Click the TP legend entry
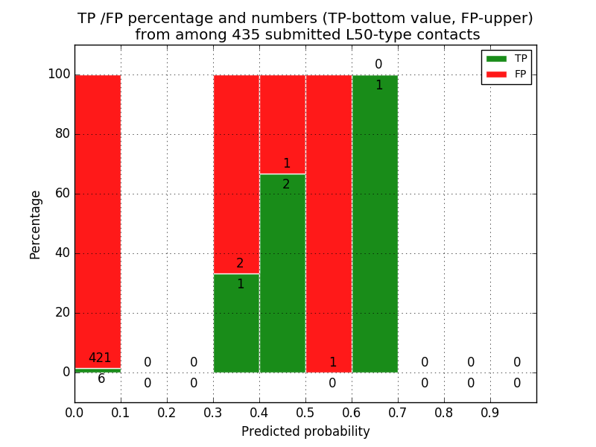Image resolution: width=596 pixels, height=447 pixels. tap(507, 59)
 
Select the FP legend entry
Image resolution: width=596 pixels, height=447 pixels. tap(507, 74)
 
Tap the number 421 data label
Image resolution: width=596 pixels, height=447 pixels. tap(100, 358)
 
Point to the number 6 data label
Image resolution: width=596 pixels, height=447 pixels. tap(101, 379)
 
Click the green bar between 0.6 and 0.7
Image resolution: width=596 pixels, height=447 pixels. tap(375, 223)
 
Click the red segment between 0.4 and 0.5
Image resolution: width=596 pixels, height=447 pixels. tap(282, 124)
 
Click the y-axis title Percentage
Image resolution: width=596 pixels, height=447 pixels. tap(36, 224)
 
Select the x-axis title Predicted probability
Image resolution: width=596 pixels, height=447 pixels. tap(305, 432)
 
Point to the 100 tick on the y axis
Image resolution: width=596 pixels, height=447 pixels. tap(59, 74)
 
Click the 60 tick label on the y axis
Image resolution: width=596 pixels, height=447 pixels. tap(62, 194)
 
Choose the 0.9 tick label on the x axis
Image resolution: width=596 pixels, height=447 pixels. tap(490, 412)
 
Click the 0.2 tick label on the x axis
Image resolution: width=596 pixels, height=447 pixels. tap(167, 412)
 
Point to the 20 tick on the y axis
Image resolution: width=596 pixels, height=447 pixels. tap(62, 313)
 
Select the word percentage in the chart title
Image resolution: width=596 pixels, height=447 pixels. tap(158, 19)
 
